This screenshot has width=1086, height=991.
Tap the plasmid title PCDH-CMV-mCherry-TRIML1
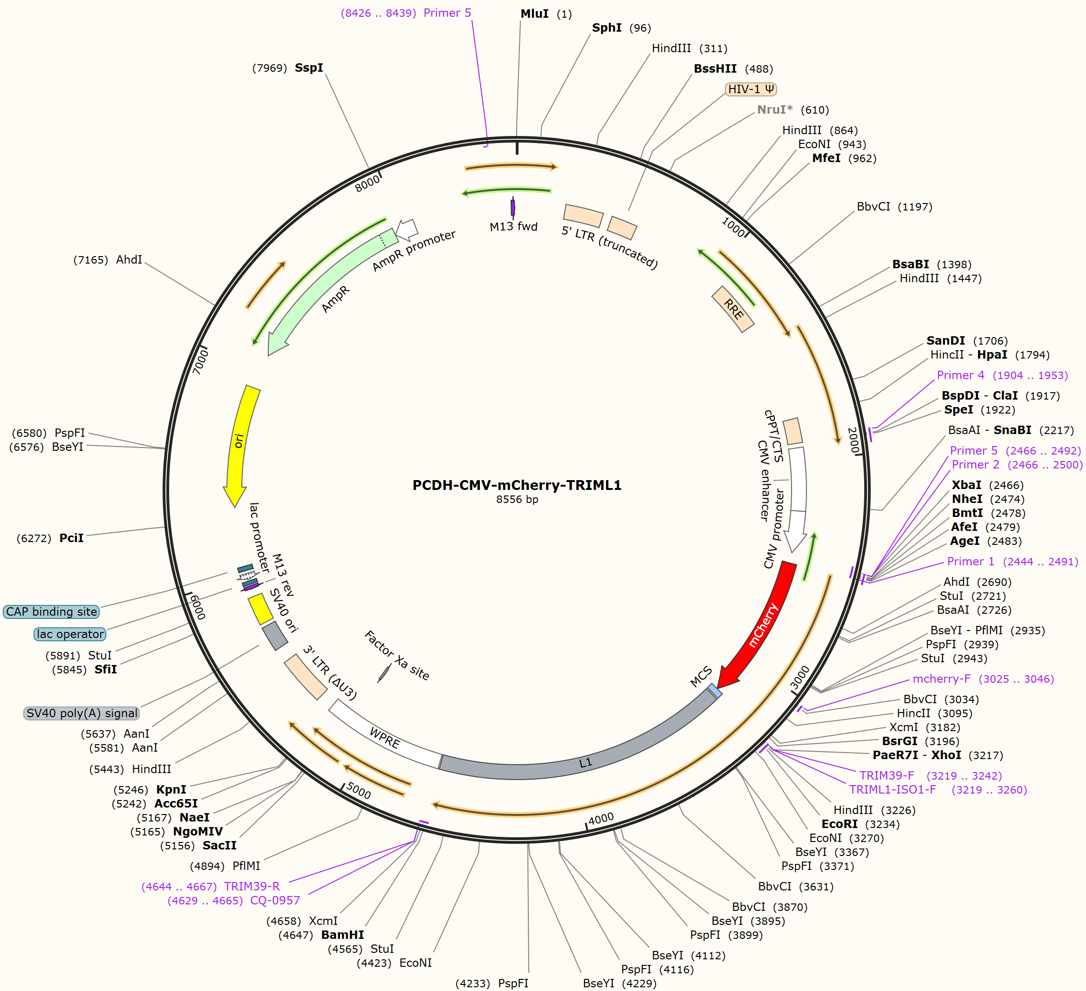coord(517,485)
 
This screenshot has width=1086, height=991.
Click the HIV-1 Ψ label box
coord(751,89)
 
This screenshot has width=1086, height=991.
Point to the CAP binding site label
coord(52,611)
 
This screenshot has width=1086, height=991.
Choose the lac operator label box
coord(70,634)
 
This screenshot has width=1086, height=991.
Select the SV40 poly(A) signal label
coord(82,713)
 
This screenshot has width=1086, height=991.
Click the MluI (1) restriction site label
coord(546,14)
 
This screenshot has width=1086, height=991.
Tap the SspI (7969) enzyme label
coord(287,68)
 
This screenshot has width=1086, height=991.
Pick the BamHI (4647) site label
coord(321,935)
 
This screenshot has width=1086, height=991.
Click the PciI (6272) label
coord(50,538)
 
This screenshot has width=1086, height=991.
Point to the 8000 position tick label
coord(368,183)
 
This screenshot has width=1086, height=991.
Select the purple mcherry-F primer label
coord(983,679)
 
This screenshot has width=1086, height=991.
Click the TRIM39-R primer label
coord(211,887)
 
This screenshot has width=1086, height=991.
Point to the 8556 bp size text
coord(517,499)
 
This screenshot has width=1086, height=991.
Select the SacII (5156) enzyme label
coord(198,845)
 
